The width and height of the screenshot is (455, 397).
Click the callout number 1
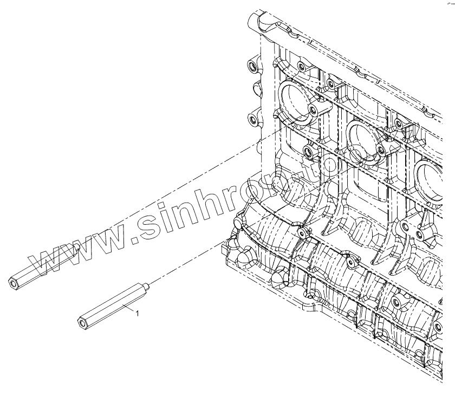(x=138, y=313)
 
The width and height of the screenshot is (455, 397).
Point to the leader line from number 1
(x=128, y=308)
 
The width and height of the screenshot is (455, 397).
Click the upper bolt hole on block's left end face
(x=251, y=67)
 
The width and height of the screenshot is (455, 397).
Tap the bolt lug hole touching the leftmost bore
(x=313, y=112)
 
